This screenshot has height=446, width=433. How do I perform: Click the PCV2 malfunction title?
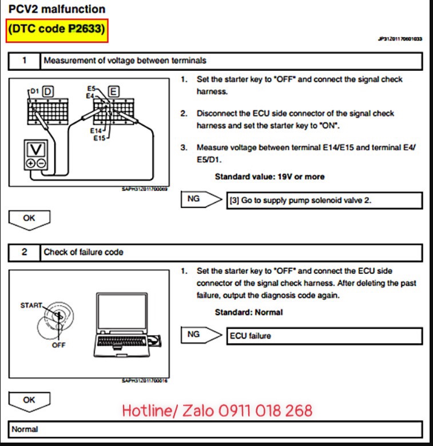pyautogui.click(x=57, y=9)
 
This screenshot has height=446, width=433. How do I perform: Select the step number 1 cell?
pyautogui.click(x=24, y=60)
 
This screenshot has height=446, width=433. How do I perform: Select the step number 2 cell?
pyautogui.click(x=24, y=252)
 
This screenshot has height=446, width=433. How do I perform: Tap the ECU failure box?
pyautogui.click(x=324, y=336)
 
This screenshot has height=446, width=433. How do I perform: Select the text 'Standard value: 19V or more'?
pyautogui.click(x=269, y=177)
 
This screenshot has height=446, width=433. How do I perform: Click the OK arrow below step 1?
pyautogui.click(x=30, y=218)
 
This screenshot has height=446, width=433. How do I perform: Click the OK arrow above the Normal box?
pyautogui.click(x=30, y=401)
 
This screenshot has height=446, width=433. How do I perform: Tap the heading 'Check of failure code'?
pyautogui.click(x=84, y=252)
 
